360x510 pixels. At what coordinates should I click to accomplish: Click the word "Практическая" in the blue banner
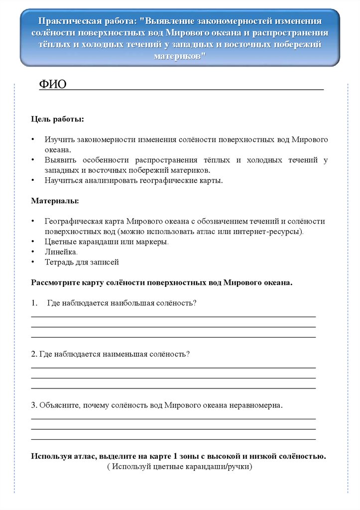point(69,21)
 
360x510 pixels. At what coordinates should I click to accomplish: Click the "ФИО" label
point(52,84)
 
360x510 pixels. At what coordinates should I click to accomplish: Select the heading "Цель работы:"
point(57,120)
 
